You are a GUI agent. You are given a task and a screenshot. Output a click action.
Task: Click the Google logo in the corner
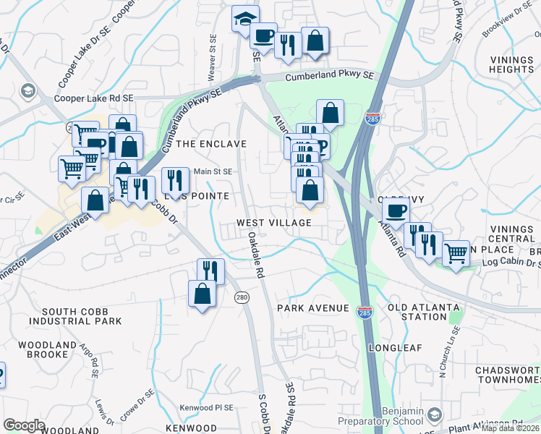click(x=24, y=425)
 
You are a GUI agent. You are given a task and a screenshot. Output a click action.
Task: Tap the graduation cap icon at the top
click(x=245, y=17)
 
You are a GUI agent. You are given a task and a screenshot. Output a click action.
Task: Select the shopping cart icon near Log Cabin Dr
click(x=455, y=253)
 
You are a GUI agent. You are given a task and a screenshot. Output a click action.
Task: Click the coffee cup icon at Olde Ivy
click(x=396, y=210)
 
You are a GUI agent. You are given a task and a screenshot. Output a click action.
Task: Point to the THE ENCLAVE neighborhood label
click(x=211, y=144)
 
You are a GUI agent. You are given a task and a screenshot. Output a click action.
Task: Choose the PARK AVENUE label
click(x=313, y=308)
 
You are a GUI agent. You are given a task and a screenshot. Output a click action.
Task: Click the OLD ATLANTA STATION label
click(x=427, y=312)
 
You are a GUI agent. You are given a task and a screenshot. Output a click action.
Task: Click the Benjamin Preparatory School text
click(x=393, y=416)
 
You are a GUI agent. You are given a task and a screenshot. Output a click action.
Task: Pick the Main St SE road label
click(x=213, y=171)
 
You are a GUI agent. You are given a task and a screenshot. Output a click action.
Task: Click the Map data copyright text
click(x=511, y=428)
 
